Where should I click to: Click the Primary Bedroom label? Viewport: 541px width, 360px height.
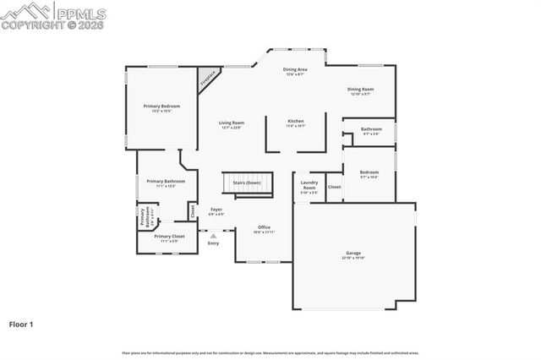(x=161, y=106)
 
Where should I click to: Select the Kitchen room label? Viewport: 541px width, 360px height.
(x=296, y=121)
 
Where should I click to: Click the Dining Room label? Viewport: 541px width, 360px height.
(x=361, y=89)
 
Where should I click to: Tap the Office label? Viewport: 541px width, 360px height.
(x=264, y=226)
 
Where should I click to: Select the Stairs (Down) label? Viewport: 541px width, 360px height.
(x=247, y=183)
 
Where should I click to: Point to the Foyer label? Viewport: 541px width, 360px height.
(x=216, y=210)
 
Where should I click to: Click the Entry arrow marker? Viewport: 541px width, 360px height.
(x=214, y=236)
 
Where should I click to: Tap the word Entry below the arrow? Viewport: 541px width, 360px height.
(x=214, y=243)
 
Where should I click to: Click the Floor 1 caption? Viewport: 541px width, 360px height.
(x=21, y=323)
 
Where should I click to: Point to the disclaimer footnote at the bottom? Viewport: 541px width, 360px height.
(x=270, y=352)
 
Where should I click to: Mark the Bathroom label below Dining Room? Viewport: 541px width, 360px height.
(x=371, y=129)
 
